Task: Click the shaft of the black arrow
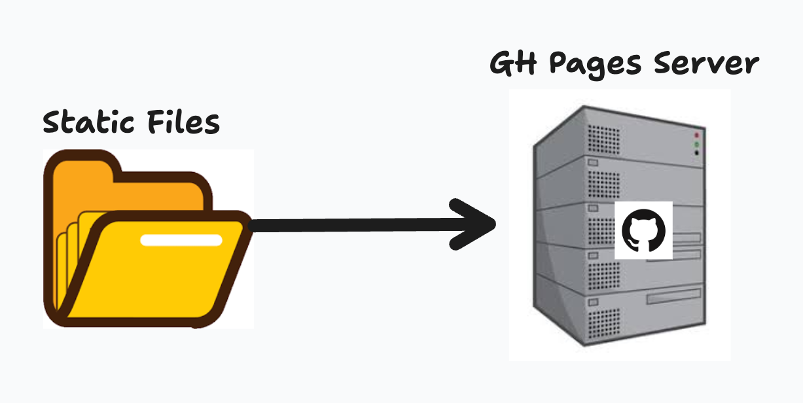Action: (353, 225)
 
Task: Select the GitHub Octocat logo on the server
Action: (643, 230)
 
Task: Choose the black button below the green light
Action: (697, 153)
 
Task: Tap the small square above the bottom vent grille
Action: (592, 302)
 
